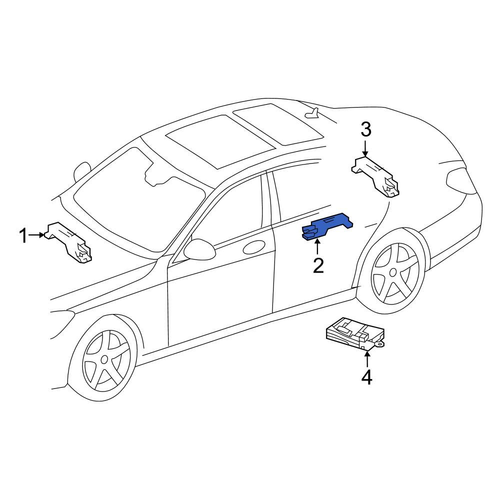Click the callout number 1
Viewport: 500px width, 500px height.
[23, 236]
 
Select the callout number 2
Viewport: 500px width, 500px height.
[318, 265]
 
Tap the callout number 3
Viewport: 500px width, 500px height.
[366, 130]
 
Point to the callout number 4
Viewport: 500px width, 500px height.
[366, 377]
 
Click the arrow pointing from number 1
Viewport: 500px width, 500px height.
[36, 235]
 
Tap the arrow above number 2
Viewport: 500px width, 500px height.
[317, 247]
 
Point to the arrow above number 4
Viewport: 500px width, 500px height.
[367, 358]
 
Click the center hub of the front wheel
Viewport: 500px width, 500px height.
[104, 359]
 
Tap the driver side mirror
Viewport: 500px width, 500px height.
[199, 249]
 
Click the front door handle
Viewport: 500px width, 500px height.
[254, 247]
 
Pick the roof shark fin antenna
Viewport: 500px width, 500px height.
[312, 113]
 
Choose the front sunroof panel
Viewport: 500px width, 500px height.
[220, 141]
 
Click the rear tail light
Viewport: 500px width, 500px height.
[461, 181]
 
